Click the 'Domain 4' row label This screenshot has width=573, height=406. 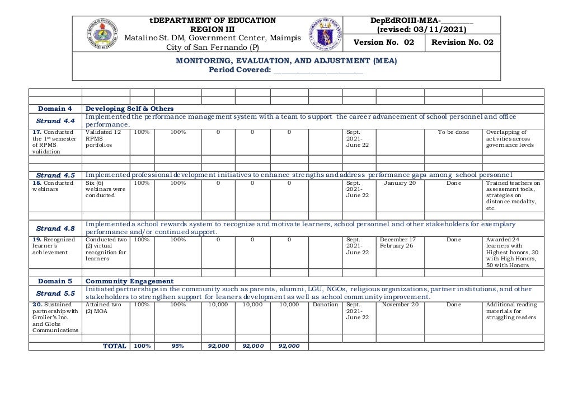click(x=55, y=109)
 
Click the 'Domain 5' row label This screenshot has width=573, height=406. click(x=55, y=281)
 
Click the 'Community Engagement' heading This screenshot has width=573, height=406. click(x=129, y=281)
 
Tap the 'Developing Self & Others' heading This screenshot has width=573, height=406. click(x=129, y=109)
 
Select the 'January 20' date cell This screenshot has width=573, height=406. click(x=400, y=183)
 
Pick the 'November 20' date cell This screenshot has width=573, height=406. click(x=400, y=305)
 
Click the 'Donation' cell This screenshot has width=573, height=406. click(x=325, y=305)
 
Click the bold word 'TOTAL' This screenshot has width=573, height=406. click(x=115, y=346)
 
